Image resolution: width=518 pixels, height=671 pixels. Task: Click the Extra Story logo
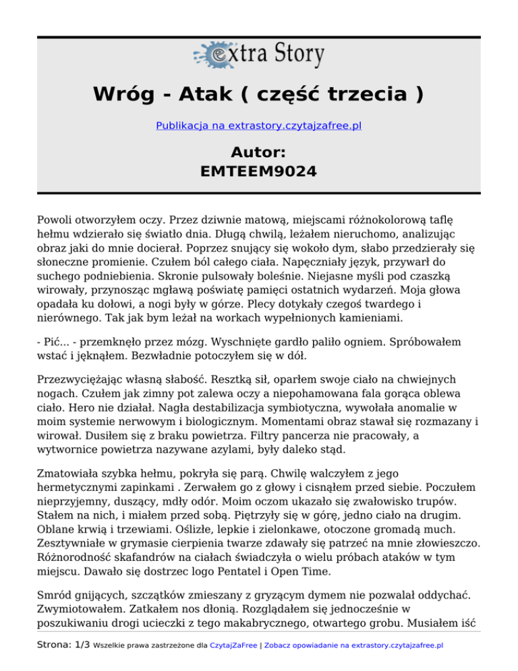click(258, 55)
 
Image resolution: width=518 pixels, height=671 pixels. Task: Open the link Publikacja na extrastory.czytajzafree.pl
click(258, 126)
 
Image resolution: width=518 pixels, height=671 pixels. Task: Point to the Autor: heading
click(258, 151)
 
